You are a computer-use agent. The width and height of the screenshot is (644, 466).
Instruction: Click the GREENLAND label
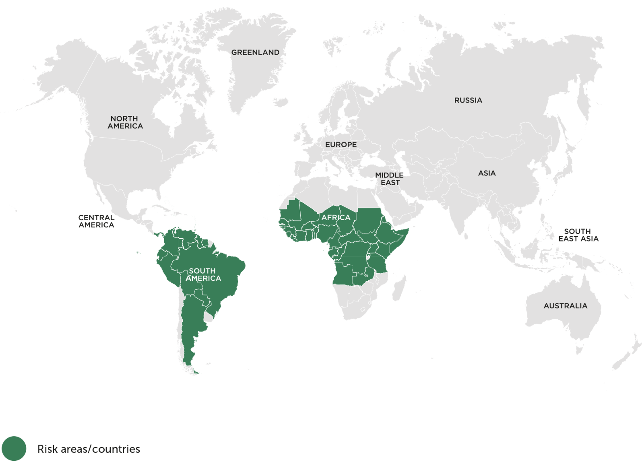click(x=255, y=52)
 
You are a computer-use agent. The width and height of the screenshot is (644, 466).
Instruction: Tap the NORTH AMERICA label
click(x=125, y=122)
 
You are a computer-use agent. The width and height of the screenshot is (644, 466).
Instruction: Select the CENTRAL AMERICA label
click(x=96, y=221)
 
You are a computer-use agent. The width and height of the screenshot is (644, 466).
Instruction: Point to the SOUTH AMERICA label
click(x=203, y=274)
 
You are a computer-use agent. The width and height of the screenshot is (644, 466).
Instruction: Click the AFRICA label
click(x=336, y=217)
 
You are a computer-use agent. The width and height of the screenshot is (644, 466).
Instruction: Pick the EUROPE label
click(x=341, y=144)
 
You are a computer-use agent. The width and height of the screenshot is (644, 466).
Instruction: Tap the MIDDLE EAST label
click(x=389, y=179)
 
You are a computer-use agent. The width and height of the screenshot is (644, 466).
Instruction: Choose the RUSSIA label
click(x=468, y=100)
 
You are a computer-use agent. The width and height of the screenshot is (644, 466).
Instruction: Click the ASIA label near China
click(x=487, y=173)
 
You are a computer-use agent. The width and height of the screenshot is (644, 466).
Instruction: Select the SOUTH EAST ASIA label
click(x=578, y=235)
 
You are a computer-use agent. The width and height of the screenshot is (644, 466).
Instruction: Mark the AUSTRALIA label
click(x=565, y=306)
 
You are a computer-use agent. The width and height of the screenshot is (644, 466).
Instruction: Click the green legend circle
click(x=14, y=448)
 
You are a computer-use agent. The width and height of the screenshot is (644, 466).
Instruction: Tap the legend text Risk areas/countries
click(x=89, y=449)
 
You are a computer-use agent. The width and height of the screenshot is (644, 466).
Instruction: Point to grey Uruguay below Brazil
click(x=208, y=318)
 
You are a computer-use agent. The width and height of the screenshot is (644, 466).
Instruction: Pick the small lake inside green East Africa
click(x=368, y=256)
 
